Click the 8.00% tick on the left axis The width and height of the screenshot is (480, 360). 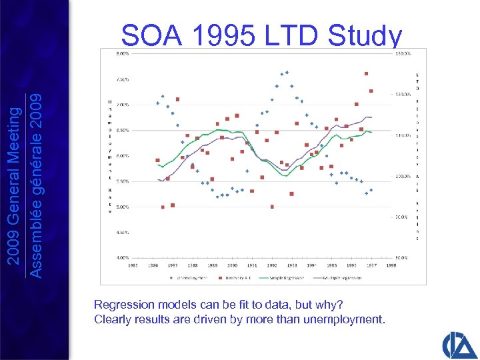pos(124,53)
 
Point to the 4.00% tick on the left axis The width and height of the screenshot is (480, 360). pos(124,257)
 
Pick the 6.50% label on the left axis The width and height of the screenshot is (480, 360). pos(124,130)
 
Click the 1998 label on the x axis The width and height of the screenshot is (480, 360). pos(391,265)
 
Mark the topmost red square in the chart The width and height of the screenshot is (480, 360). pos(367,74)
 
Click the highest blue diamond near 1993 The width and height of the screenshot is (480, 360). pos(287,72)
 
